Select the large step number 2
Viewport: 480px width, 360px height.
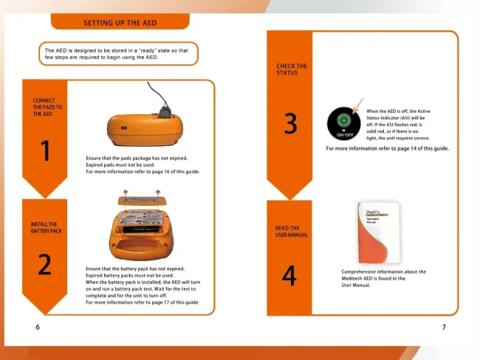point(44,264)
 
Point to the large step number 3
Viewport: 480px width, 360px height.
point(290,124)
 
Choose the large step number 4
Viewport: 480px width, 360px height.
point(289,275)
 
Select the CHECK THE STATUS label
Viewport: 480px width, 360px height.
point(292,69)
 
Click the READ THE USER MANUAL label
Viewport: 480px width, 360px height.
point(292,232)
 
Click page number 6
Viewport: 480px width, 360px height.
point(38,327)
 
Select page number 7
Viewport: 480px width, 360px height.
point(443,327)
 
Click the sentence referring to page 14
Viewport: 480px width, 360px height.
point(387,148)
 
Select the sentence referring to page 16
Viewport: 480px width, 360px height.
point(143,171)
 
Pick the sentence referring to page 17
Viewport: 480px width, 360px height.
point(142,302)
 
